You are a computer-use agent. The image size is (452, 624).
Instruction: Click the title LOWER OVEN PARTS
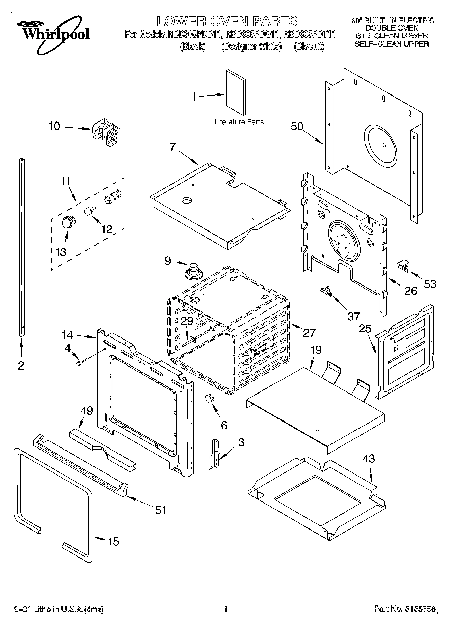click(x=227, y=21)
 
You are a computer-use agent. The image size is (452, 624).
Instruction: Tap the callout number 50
click(x=297, y=126)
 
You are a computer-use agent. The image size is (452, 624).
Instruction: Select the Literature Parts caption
click(x=239, y=122)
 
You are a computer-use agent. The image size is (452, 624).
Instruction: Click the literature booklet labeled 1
click(x=236, y=92)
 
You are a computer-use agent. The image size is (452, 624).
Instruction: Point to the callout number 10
click(x=54, y=126)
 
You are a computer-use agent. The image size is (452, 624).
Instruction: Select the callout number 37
click(x=354, y=316)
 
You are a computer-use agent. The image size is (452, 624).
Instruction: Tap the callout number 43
click(x=369, y=459)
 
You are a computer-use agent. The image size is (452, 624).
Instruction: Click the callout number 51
click(x=160, y=510)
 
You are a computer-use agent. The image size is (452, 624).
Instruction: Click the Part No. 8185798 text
click(x=404, y=609)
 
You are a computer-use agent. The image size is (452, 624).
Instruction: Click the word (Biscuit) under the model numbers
click(x=309, y=46)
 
